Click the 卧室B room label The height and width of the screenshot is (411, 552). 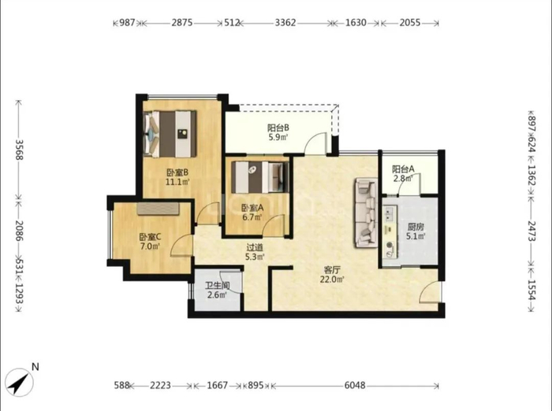177,172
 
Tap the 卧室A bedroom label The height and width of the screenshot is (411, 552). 252,208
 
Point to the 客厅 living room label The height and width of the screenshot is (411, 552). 332,270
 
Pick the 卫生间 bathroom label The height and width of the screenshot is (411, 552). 218,286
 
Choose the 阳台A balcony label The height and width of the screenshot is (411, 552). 404,169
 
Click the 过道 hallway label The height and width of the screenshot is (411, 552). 255,248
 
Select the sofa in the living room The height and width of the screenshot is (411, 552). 366,213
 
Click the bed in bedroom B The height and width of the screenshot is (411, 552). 170,134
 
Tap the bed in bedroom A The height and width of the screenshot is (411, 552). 259,177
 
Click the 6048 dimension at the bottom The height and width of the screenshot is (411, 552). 355,386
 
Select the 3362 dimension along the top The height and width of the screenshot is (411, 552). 285,23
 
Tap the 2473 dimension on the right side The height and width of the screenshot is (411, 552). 531,231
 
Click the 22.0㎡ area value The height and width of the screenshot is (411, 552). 332,280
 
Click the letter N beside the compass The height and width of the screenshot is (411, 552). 35,367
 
